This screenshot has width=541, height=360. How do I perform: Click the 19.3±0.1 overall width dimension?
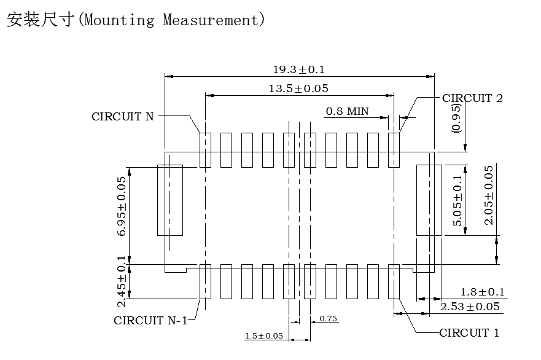pos(298,69)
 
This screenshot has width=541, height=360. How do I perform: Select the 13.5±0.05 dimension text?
pos(298,88)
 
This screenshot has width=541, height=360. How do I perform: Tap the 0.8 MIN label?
pos(347,111)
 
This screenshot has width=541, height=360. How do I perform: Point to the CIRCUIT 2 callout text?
pos(472,98)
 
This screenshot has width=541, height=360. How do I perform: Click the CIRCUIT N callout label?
pos(123,116)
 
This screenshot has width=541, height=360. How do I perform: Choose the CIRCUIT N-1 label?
pos(150,320)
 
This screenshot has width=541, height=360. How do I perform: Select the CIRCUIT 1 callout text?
pos(469,333)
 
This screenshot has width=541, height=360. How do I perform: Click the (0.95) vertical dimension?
pos(456,119)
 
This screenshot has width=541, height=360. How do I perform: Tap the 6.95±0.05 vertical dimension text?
pos(122,206)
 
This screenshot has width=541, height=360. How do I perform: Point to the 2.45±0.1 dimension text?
pos(122,281)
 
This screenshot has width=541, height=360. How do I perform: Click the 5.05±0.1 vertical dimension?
pos(457,200)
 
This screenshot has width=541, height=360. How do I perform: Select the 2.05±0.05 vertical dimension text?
pos(489,195)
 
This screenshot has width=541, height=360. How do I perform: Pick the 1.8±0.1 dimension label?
pos(482,292)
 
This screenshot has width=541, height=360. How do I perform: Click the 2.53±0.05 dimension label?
pos(470,307)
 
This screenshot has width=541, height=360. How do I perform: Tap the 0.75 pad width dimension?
pos(329,319)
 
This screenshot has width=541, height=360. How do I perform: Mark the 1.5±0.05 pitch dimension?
pos(264,336)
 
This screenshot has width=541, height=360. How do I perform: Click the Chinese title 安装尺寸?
pos(41,20)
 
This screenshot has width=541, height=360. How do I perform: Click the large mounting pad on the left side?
pos(170,200)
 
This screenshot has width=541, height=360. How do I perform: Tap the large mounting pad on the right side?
pos(429,200)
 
